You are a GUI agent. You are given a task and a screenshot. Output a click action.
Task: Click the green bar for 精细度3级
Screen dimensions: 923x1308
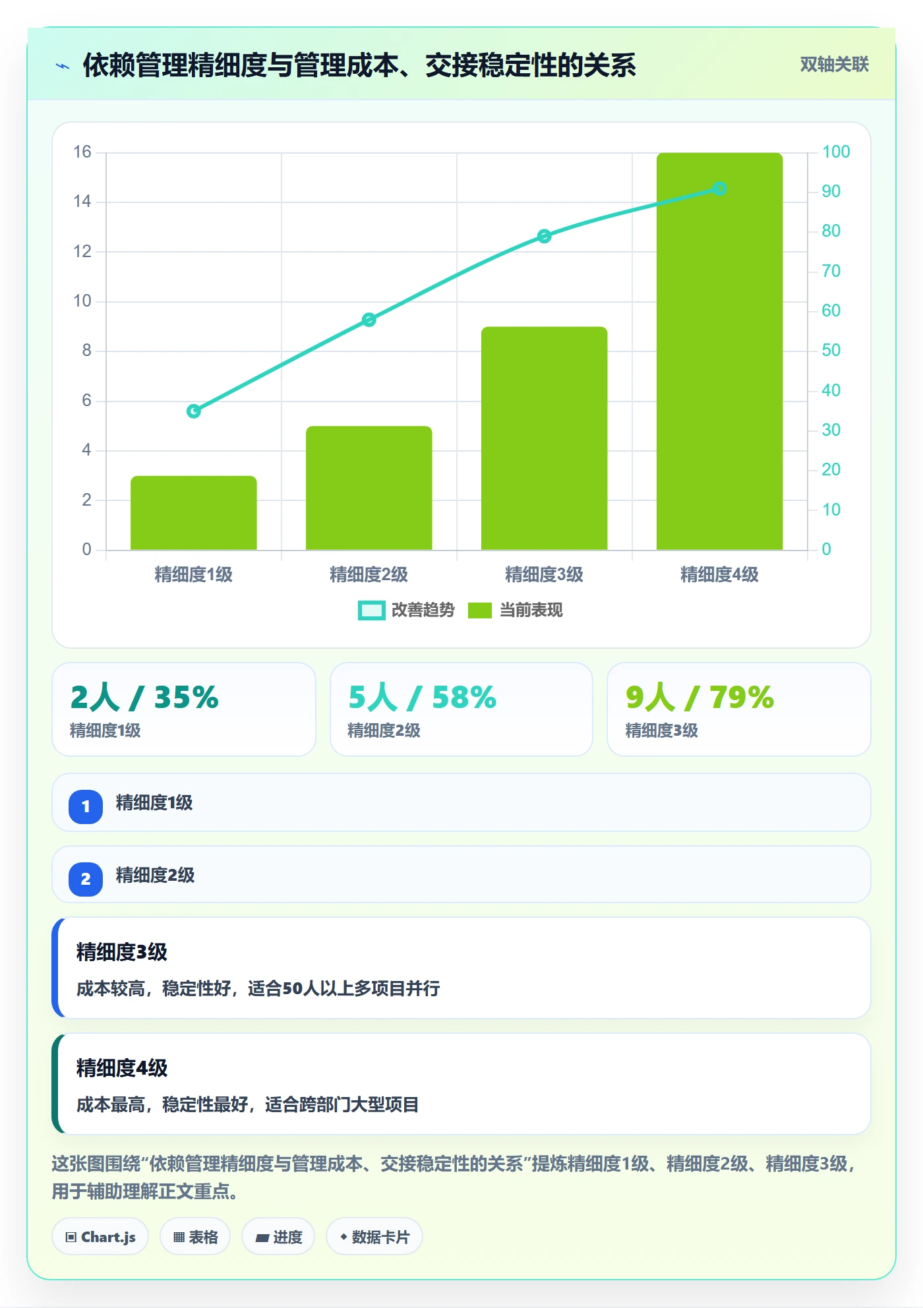pos(544,438)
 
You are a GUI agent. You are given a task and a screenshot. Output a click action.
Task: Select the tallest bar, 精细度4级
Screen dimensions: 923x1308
pos(719,351)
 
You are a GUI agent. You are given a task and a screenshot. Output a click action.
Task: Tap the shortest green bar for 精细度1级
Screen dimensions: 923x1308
pos(194,513)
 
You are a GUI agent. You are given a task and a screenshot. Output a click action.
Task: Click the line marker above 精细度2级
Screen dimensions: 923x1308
pos(369,320)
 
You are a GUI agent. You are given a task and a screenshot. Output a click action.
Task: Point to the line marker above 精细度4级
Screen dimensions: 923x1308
pos(720,189)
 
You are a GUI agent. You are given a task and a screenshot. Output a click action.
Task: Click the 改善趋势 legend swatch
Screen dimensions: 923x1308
pos(372,610)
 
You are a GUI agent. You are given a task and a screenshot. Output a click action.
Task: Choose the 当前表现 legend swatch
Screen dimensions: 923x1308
pos(480,610)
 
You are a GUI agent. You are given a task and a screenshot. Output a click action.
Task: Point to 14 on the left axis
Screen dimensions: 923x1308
pos(82,201)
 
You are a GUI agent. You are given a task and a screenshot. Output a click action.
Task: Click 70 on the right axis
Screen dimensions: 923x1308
pos(831,271)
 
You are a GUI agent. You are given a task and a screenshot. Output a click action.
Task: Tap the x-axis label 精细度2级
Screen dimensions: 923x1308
pos(369,575)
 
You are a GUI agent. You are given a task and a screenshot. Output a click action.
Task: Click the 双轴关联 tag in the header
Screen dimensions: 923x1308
pos(834,64)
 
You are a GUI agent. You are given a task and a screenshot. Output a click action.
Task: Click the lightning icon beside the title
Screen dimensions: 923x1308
pos(63,66)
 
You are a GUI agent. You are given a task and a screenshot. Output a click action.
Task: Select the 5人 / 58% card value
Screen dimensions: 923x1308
pos(422,698)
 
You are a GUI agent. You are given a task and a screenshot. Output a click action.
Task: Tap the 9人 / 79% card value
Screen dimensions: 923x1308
pos(700,698)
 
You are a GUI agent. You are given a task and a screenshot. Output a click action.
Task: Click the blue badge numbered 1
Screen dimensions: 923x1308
pos(86,806)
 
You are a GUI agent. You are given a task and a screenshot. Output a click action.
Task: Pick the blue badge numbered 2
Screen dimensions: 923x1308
pos(86,879)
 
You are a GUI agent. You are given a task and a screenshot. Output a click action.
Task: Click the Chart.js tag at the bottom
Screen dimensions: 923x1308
pos(100,1237)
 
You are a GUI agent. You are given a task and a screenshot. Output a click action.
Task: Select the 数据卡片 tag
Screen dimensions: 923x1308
pos(374,1237)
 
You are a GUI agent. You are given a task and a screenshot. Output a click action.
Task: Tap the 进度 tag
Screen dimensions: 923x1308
pos(278,1237)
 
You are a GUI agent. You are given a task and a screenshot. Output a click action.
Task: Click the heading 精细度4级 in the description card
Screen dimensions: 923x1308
pos(122,1068)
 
